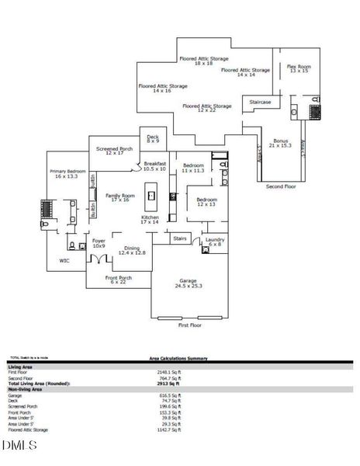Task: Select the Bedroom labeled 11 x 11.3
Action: pyautogui.click(x=193, y=169)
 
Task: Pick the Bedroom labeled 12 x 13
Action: pyautogui.click(x=206, y=202)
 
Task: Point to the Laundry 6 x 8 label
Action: pyautogui.click(x=215, y=242)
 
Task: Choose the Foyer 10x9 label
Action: pyautogui.click(x=99, y=244)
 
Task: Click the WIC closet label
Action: pyautogui.click(x=65, y=261)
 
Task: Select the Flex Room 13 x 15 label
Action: pyautogui.click(x=299, y=69)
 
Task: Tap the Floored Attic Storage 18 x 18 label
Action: pyautogui.click(x=203, y=61)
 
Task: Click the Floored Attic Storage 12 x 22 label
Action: pyautogui.click(x=207, y=108)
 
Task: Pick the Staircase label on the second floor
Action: pyautogui.click(x=260, y=101)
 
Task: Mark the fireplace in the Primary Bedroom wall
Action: pyautogui.click(x=45, y=210)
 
